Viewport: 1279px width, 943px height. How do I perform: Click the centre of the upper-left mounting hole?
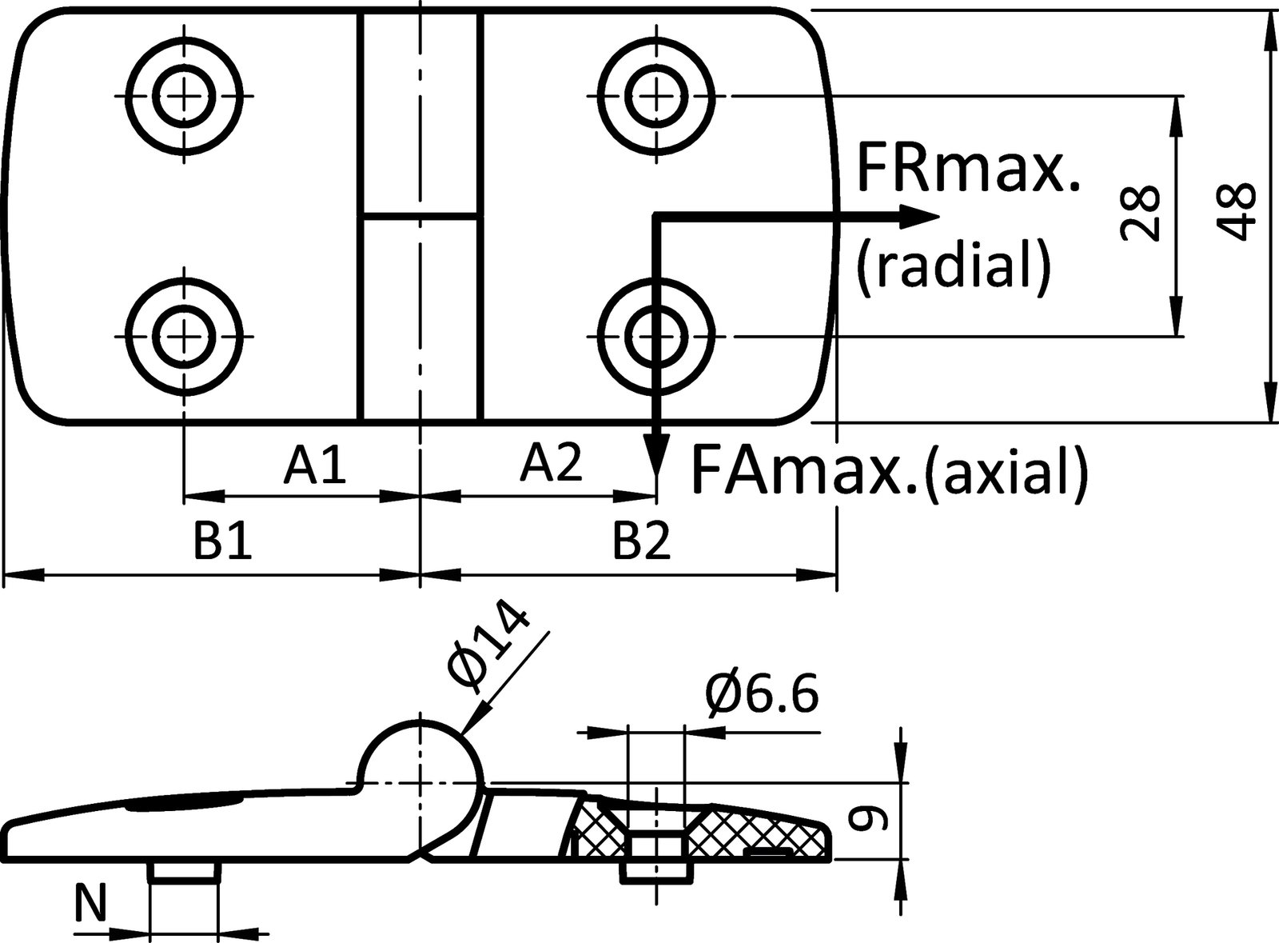click(x=184, y=96)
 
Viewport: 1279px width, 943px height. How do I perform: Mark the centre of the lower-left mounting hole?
click(x=184, y=337)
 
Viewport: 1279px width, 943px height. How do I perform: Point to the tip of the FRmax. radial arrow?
click(x=939, y=217)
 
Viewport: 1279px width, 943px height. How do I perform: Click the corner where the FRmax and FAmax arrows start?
click(x=656, y=217)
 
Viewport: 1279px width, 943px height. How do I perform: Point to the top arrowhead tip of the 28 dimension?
click(x=1176, y=97)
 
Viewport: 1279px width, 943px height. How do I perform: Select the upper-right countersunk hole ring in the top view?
click(x=656, y=96)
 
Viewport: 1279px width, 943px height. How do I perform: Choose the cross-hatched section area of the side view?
click(x=699, y=832)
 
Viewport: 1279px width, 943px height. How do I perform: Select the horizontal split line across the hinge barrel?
click(x=420, y=217)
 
